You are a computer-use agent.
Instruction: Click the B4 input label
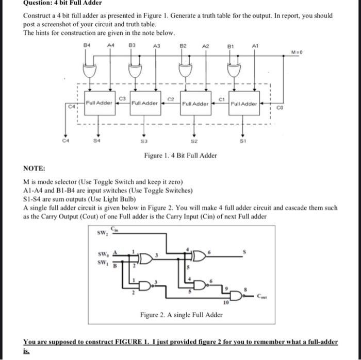point(87,45)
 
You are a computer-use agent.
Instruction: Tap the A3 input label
point(157,45)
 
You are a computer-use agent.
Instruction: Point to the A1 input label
point(254,45)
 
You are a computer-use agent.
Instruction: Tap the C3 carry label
point(122,97)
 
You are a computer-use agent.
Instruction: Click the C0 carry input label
point(281,108)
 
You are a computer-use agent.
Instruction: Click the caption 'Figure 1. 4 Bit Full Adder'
point(180,155)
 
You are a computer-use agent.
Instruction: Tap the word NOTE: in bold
point(34,168)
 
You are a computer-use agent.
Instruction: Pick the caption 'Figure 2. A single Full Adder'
point(181,315)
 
